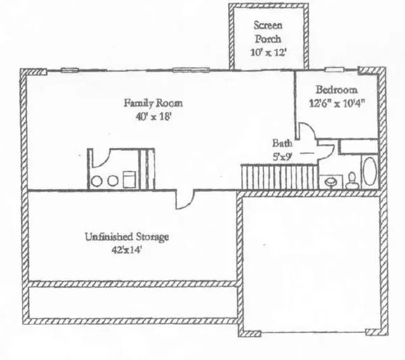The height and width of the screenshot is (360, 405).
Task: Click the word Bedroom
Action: [337, 90]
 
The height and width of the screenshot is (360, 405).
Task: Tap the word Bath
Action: [281, 143]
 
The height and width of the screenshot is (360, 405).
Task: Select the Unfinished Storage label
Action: [126, 237]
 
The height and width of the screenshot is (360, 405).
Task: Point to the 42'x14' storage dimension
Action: [128, 250]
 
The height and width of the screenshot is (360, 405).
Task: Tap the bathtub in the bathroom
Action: [369, 172]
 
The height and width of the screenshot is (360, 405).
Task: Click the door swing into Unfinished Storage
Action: [184, 198]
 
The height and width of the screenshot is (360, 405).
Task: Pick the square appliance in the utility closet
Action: [129, 180]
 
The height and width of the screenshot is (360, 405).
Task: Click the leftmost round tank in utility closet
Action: [97, 181]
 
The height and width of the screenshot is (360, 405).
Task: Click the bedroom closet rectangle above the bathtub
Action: [358, 146]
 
